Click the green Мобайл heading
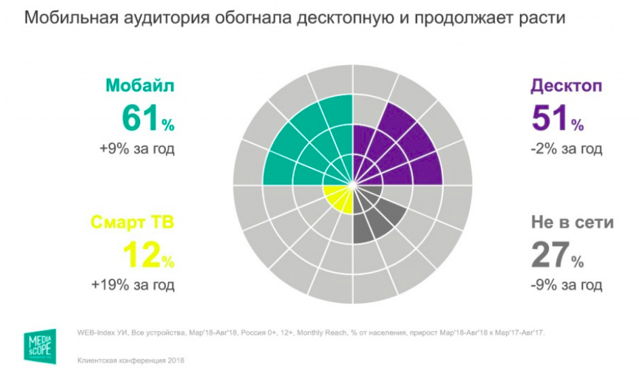click(x=140, y=86)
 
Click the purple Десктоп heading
click(x=566, y=87)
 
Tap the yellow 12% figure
click(x=148, y=255)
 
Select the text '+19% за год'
click(x=133, y=284)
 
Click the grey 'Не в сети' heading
click(x=572, y=222)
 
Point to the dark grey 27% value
click(x=557, y=255)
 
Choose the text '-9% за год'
click(x=566, y=284)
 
